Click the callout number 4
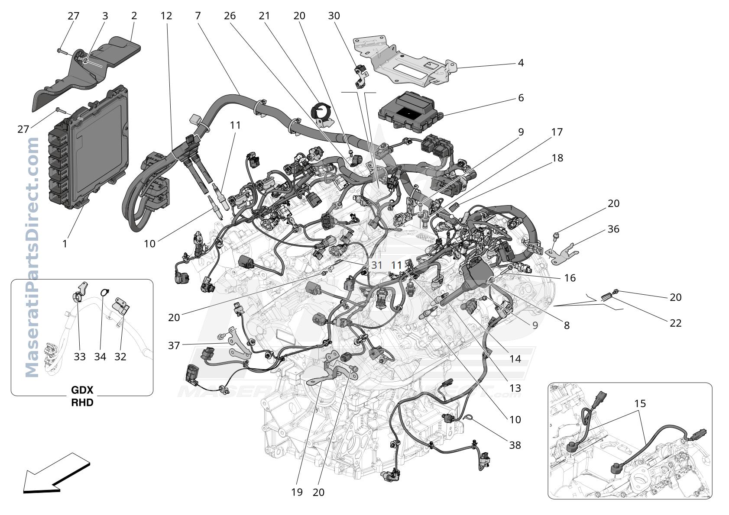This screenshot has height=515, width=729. [x=521, y=63]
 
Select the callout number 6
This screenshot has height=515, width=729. [x=521, y=98]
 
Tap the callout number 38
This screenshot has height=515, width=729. [x=515, y=445]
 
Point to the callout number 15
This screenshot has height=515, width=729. [x=640, y=403]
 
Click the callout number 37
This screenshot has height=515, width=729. [x=174, y=345]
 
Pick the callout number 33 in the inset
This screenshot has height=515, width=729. [x=80, y=357]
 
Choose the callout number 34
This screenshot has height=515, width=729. [x=100, y=357]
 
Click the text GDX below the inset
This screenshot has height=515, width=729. [x=82, y=390]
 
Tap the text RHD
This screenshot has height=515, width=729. [x=82, y=402]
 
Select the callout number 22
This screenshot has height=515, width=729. [x=676, y=323]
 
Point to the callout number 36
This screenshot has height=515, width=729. [x=613, y=229]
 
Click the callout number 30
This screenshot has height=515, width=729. [x=334, y=16]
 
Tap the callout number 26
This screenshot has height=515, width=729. [x=230, y=16]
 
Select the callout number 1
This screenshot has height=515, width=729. [x=65, y=244]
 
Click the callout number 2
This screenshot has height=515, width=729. [x=134, y=16]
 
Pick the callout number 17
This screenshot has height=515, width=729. [x=557, y=132]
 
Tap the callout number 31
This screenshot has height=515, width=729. [x=376, y=265]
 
